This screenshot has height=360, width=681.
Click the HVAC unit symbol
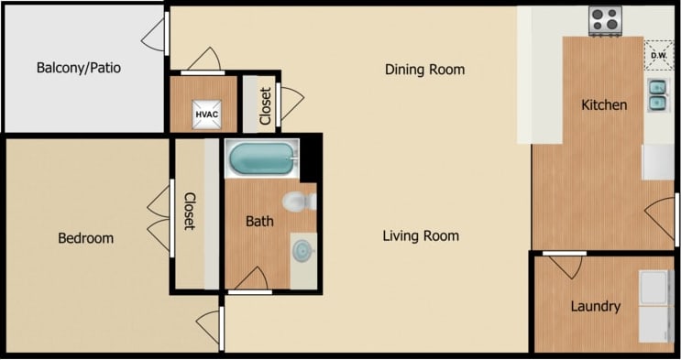(x=203, y=115)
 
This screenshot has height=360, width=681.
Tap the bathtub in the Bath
(x=262, y=158)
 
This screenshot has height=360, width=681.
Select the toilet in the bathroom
(x=297, y=201)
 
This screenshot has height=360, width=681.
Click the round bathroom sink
(x=302, y=247)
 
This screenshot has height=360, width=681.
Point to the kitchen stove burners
(x=605, y=20)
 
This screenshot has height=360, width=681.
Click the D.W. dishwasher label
(x=658, y=55)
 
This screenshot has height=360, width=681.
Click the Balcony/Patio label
(x=79, y=68)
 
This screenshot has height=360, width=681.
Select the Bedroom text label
(x=85, y=238)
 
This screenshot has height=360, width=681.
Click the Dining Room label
(x=424, y=70)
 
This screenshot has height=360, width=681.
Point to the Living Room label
(x=421, y=236)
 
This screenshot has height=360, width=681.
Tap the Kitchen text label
(x=604, y=104)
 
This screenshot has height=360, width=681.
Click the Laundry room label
(x=595, y=307)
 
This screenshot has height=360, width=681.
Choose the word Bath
(x=259, y=221)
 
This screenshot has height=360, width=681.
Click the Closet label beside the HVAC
(x=265, y=105)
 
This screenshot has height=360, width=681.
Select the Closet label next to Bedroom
(x=190, y=211)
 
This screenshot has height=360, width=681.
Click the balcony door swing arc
(x=154, y=34)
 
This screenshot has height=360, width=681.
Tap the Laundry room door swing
(x=564, y=265)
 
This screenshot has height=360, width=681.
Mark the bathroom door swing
(x=251, y=278)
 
